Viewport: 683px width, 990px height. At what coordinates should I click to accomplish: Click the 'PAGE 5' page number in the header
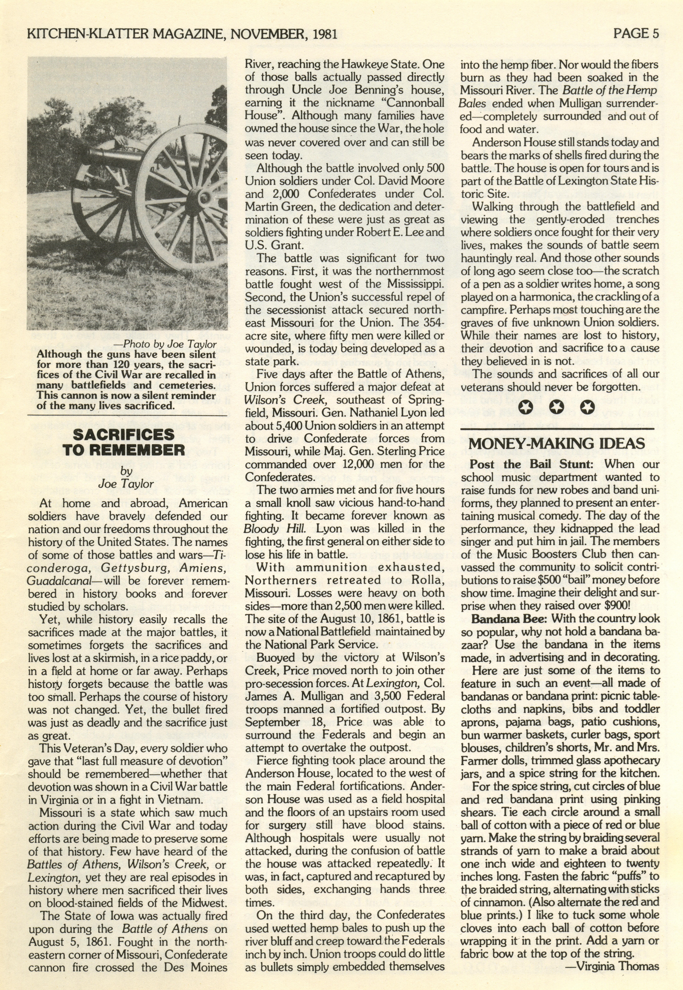(x=636, y=33)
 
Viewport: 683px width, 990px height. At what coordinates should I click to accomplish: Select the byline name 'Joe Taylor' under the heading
(x=126, y=484)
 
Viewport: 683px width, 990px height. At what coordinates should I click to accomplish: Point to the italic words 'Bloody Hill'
(x=263, y=528)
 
